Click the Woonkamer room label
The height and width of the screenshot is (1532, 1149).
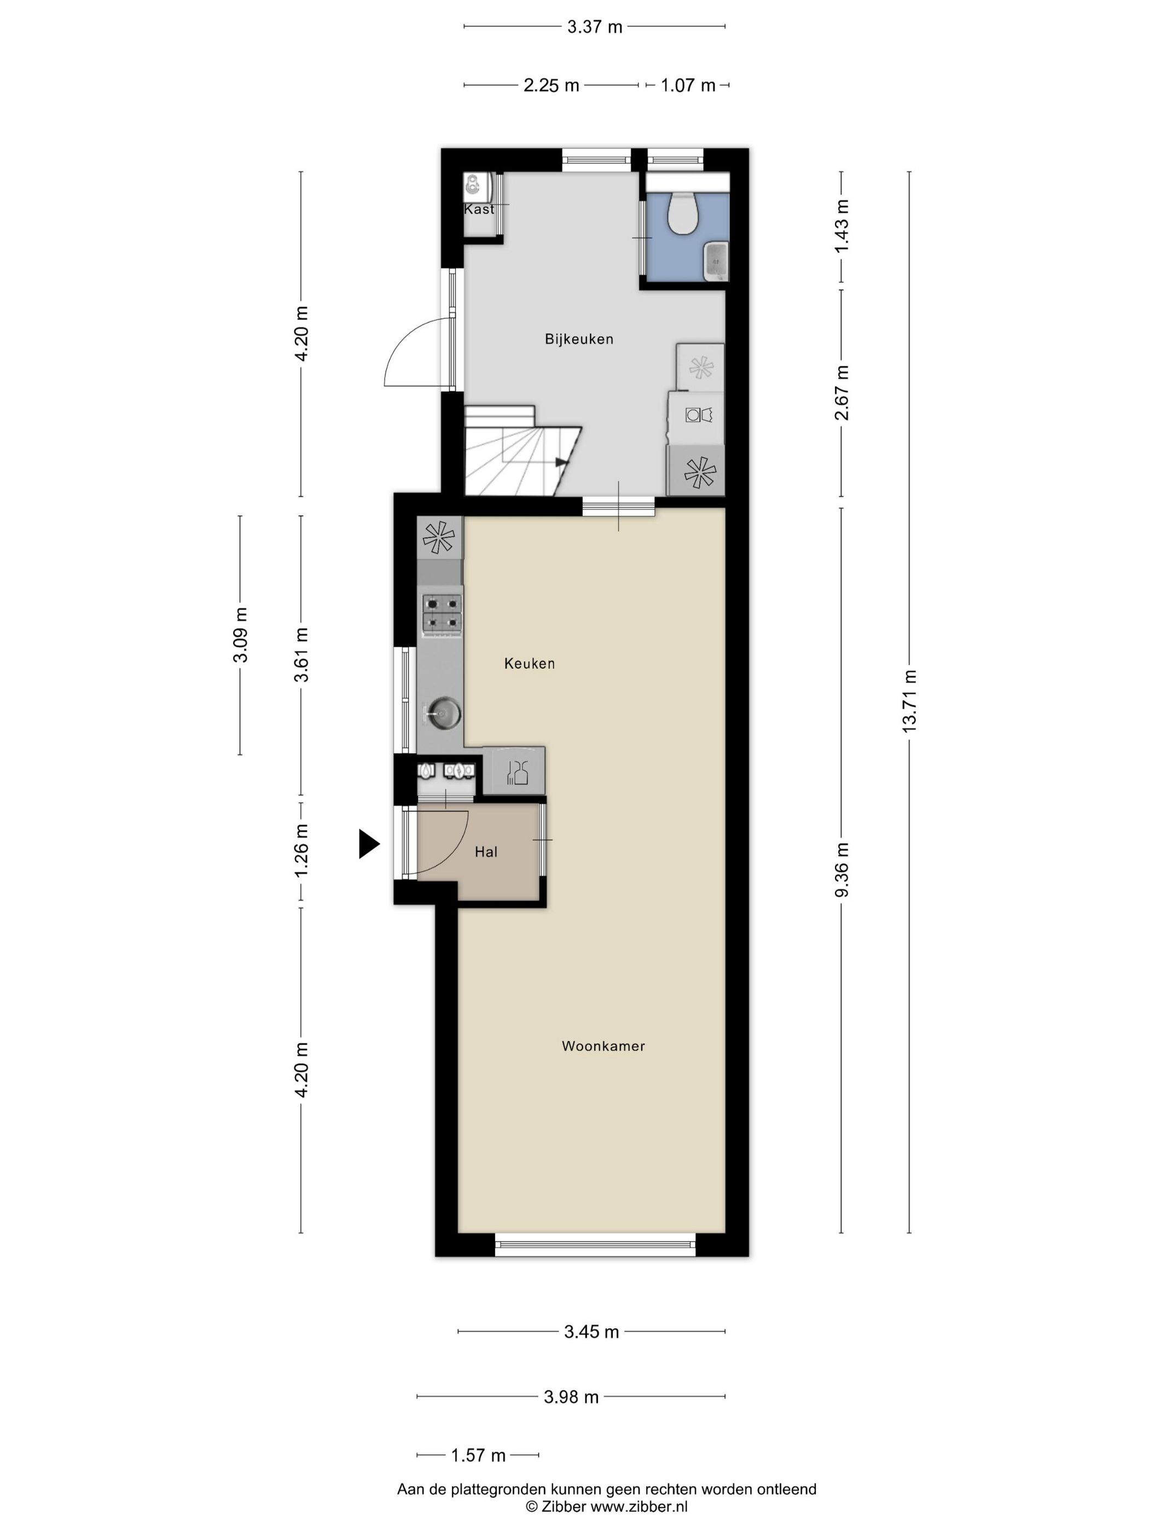(602, 1046)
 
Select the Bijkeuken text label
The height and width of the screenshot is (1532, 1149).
(579, 339)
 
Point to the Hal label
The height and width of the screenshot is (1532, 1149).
(485, 852)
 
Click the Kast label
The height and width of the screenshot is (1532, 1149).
(479, 209)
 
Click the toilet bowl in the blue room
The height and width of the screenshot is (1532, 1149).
(682, 213)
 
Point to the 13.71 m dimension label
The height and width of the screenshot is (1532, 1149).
(909, 700)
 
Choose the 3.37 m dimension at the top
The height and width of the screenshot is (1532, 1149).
(594, 27)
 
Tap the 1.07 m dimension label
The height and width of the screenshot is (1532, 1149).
(688, 85)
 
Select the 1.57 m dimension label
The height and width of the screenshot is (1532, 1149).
(478, 1455)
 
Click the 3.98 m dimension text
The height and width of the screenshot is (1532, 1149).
(571, 1397)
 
